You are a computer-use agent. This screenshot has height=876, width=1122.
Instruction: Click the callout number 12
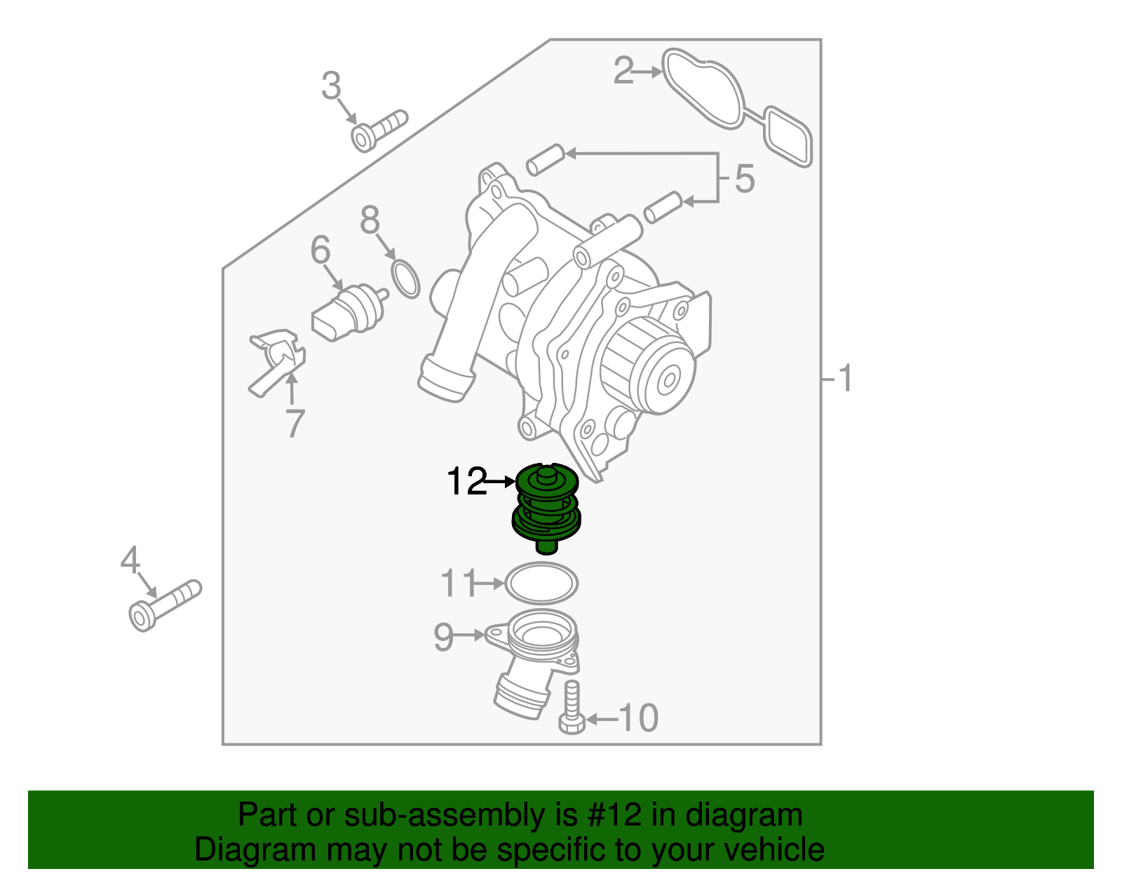pyautogui.click(x=466, y=482)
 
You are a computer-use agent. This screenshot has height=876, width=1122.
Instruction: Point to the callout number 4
pyautogui.click(x=130, y=560)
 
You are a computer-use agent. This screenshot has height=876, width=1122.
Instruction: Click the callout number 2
pyautogui.click(x=623, y=71)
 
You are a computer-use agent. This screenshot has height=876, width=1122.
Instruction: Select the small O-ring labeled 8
pyautogui.click(x=405, y=278)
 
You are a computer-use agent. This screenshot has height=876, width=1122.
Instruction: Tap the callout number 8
pyautogui.click(x=370, y=220)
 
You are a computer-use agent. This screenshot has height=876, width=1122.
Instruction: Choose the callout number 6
pyautogui.click(x=320, y=250)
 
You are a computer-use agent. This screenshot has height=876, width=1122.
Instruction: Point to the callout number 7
pyautogui.click(x=295, y=423)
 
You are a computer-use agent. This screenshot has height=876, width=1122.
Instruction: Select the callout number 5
pyautogui.click(x=745, y=179)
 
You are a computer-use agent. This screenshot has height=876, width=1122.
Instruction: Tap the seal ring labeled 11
pyautogui.click(x=541, y=583)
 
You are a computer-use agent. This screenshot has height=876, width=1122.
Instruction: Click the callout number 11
pyautogui.click(x=459, y=584)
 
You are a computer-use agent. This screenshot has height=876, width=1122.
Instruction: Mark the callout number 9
pyautogui.click(x=443, y=637)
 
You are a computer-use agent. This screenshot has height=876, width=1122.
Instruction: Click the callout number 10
pyautogui.click(x=639, y=718)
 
